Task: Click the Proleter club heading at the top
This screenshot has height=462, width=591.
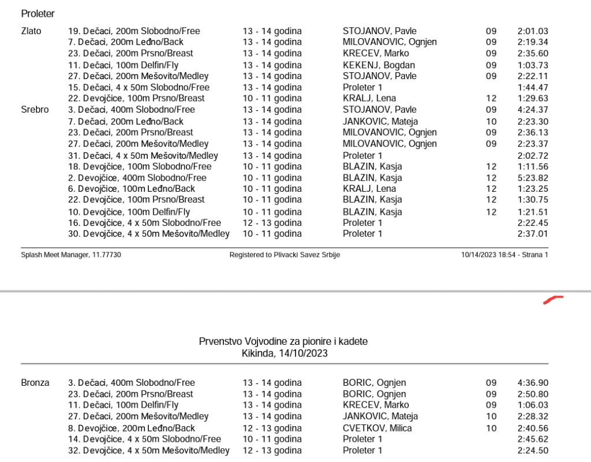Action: tap(38, 13)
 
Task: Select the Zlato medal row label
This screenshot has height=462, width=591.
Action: tap(31, 31)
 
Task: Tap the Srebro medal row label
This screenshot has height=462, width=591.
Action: tap(35, 110)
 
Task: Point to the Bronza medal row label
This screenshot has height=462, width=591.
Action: tap(35, 383)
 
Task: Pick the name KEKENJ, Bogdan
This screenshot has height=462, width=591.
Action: tap(379, 65)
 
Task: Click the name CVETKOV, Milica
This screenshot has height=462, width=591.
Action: tap(377, 429)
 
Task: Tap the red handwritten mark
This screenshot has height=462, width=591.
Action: tap(553, 300)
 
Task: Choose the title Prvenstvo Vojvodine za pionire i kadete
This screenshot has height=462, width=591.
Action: tap(283, 342)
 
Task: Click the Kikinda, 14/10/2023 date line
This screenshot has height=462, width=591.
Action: tap(285, 353)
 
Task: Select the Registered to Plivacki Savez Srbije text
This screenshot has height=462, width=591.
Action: tap(285, 255)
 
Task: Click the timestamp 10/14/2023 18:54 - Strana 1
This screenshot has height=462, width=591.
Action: tap(504, 255)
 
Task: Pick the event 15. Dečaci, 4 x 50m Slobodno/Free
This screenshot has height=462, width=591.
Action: tap(139, 87)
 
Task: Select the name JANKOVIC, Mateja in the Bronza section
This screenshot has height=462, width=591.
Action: tap(380, 416)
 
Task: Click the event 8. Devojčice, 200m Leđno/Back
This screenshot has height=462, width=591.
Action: tap(132, 429)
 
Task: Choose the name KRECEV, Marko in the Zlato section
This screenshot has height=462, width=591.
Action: tap(376, 53)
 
